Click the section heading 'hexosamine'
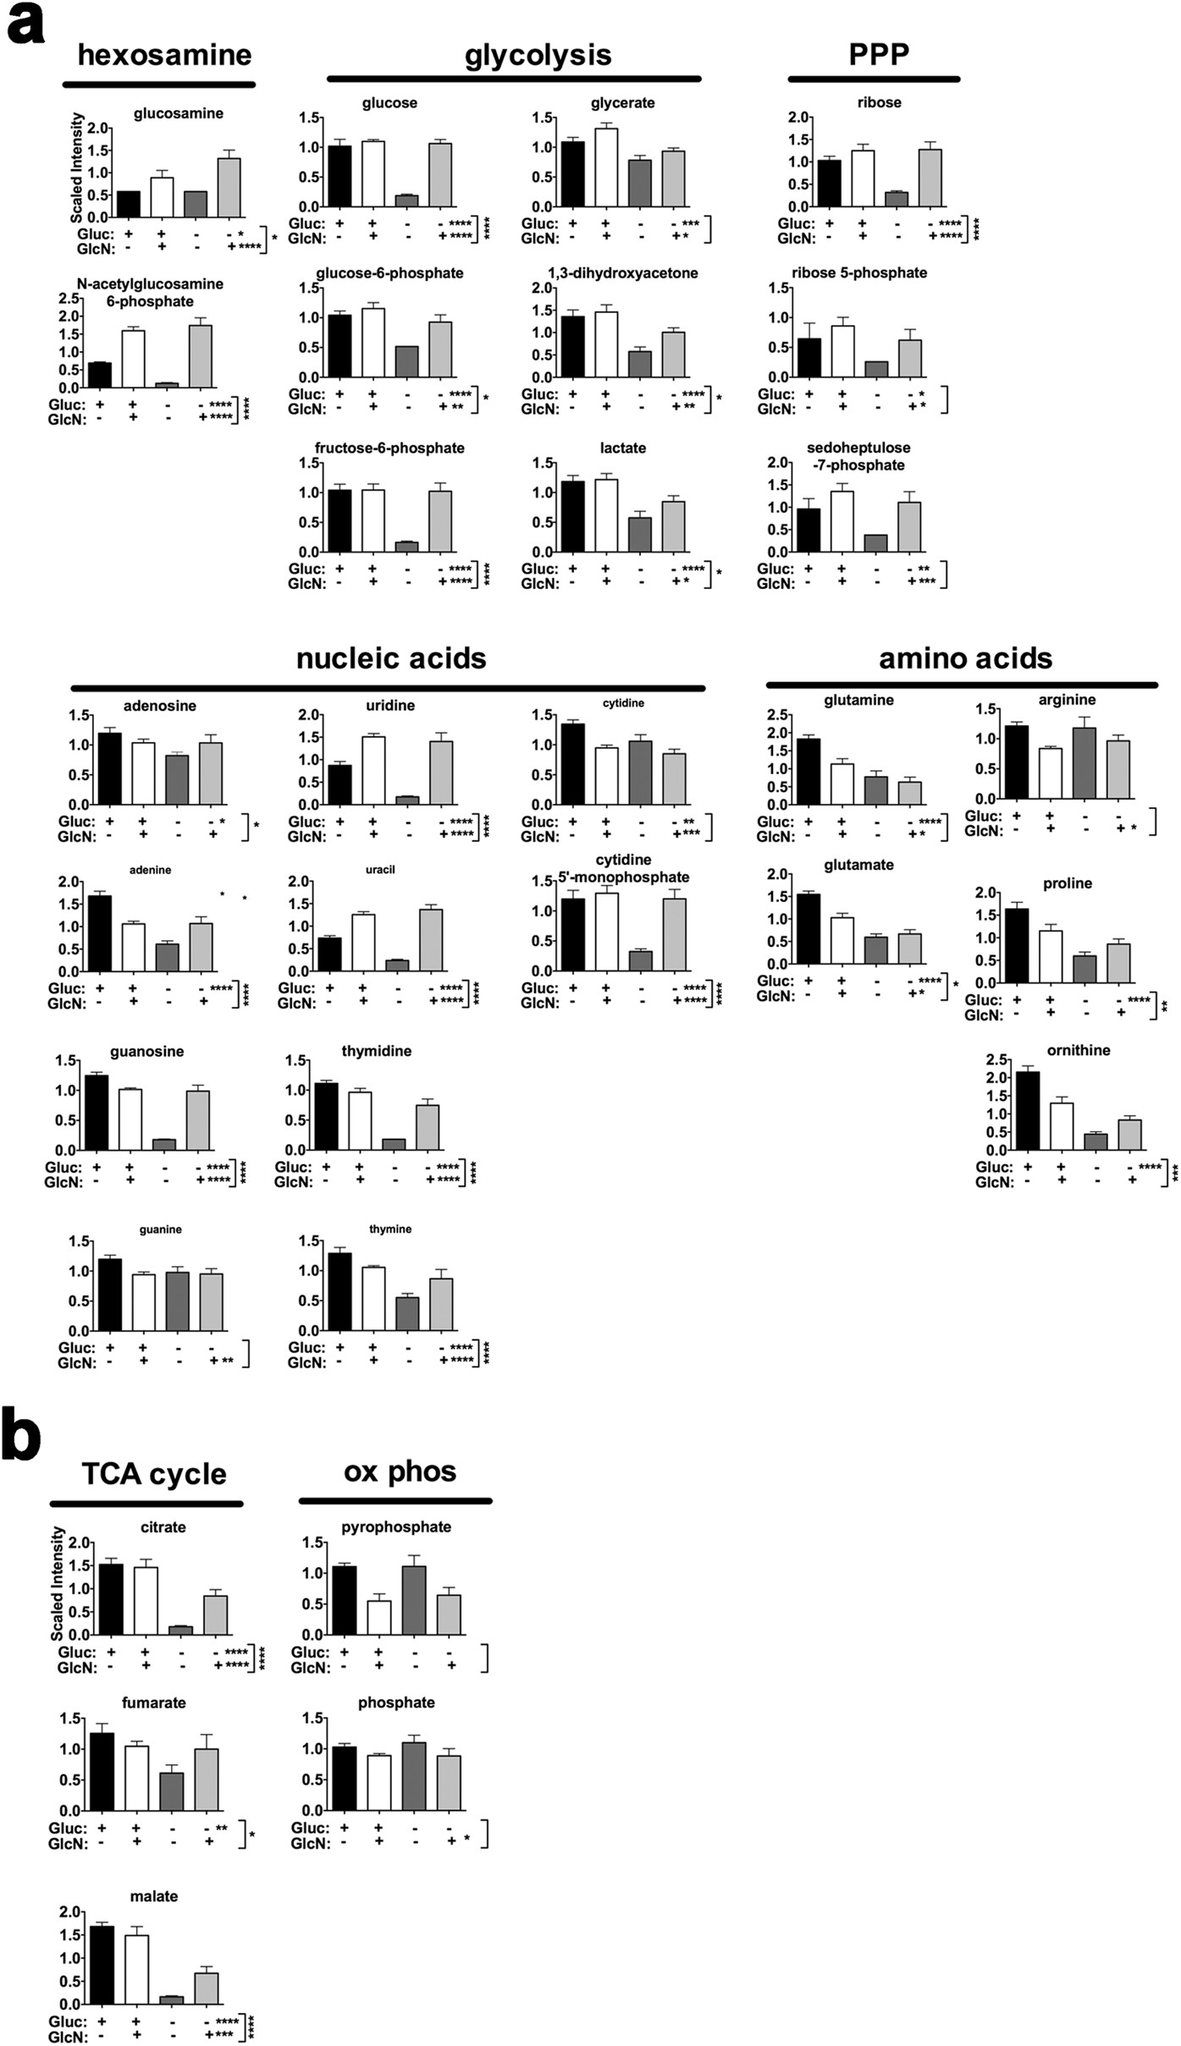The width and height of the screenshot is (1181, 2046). pyautogui.click(x=164, y=55)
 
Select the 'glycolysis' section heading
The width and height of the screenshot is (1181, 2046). pyautogui.click(x=538, y=55)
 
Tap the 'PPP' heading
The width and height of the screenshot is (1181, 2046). pyautogui.click(x=879, y=54)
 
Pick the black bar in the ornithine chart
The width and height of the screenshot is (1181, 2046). pyautogui.click(x=1028, y=1110)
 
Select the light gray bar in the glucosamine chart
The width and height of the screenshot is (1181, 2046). pyautogui.click(x=229, y=187)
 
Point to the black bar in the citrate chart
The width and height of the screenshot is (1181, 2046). pyautogui.click(x=111, y=1599)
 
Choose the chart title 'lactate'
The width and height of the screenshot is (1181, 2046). pyautogui.click(x=622, y=448)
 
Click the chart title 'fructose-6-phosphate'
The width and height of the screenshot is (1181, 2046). pyautogui.click(x=389, y=448)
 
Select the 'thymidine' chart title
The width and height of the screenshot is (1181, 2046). pyautogui.click(x=377, y=1051)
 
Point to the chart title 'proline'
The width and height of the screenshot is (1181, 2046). pyautogui.click(x=1067, y=883)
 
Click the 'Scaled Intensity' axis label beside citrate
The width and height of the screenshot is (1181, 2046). pyautogui.click(x=58, y=1583)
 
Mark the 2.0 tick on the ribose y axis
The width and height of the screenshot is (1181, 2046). pyautogui.click(x=798, y=117)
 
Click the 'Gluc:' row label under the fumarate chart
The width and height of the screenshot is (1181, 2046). pyautogui.click(x=68, y=1828)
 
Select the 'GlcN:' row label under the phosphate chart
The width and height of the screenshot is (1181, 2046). pyautogui.click(x=310, y=1843)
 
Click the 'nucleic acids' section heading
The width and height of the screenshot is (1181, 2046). pyautogui.click(x=391, y=658)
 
